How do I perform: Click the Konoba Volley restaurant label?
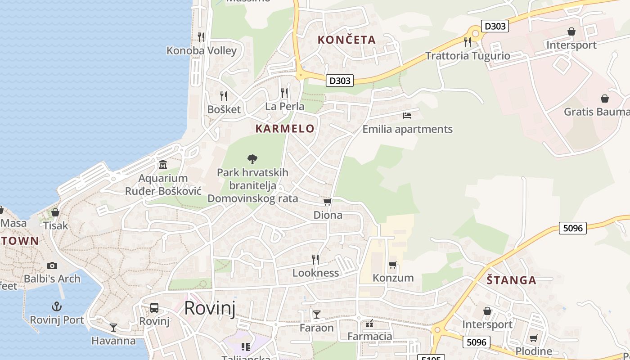[x=201, y=50]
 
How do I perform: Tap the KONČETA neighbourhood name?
[x=346, y=40]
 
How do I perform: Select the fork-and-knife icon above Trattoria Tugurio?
[x=468, y=42]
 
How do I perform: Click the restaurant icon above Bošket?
[x=223, y=96]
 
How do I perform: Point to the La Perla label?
[x=284, y=107]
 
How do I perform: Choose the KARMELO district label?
[x=285, y=129]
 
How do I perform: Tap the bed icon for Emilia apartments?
[x=407, y=116]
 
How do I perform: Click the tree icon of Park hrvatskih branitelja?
[x=252, y=159]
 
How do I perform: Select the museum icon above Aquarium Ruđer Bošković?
[x=163, y=165]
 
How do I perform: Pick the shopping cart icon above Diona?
[x=328, y=202]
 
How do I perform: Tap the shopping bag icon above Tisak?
[x=55, y=212]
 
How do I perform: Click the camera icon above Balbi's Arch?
[x=52, y=265]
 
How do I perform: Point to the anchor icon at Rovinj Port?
[x=57, y=307]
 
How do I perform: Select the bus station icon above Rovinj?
[x=154, y=308]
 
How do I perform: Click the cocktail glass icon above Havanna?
[x=113, y=328]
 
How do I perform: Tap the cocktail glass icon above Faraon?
[x=317, y=314]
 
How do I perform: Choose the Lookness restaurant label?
[x=315, y=273]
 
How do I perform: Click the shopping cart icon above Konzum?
[x=393, y=265]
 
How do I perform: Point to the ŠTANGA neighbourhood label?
[x=511, y=280]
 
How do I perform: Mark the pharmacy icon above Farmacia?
[x=370, y=324]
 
